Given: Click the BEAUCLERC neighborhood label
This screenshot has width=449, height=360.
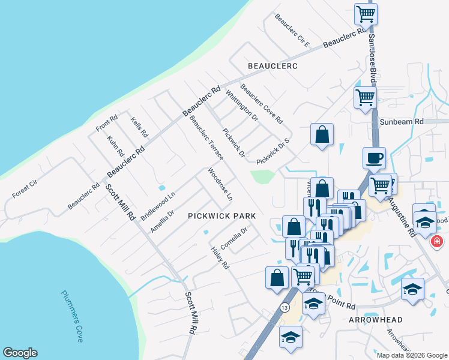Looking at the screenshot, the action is pos(273,65).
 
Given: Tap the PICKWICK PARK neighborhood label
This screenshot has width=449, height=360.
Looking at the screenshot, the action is pos(222,215).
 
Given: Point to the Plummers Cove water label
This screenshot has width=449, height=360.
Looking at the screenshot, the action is pos(72,316).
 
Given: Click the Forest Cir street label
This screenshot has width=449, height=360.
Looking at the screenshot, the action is pos(25,188).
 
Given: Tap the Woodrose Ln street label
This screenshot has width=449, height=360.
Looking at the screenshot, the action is pos(220,184).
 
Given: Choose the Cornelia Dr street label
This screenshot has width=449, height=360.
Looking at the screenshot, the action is pos(234,238).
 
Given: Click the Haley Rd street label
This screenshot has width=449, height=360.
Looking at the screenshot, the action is pos(220,257).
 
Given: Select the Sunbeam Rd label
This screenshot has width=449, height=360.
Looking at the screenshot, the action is pos(402,121).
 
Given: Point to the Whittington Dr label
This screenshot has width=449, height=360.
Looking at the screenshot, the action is pos(241,104).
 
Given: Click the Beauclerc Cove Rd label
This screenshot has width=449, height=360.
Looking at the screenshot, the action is pos(261,103).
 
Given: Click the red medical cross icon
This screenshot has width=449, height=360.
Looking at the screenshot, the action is pos(437,241).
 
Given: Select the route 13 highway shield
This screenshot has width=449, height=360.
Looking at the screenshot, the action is pos(284,307).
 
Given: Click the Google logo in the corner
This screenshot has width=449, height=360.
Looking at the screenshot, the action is pos(20,353).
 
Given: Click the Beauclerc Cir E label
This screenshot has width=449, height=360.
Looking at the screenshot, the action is pos(292,30).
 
